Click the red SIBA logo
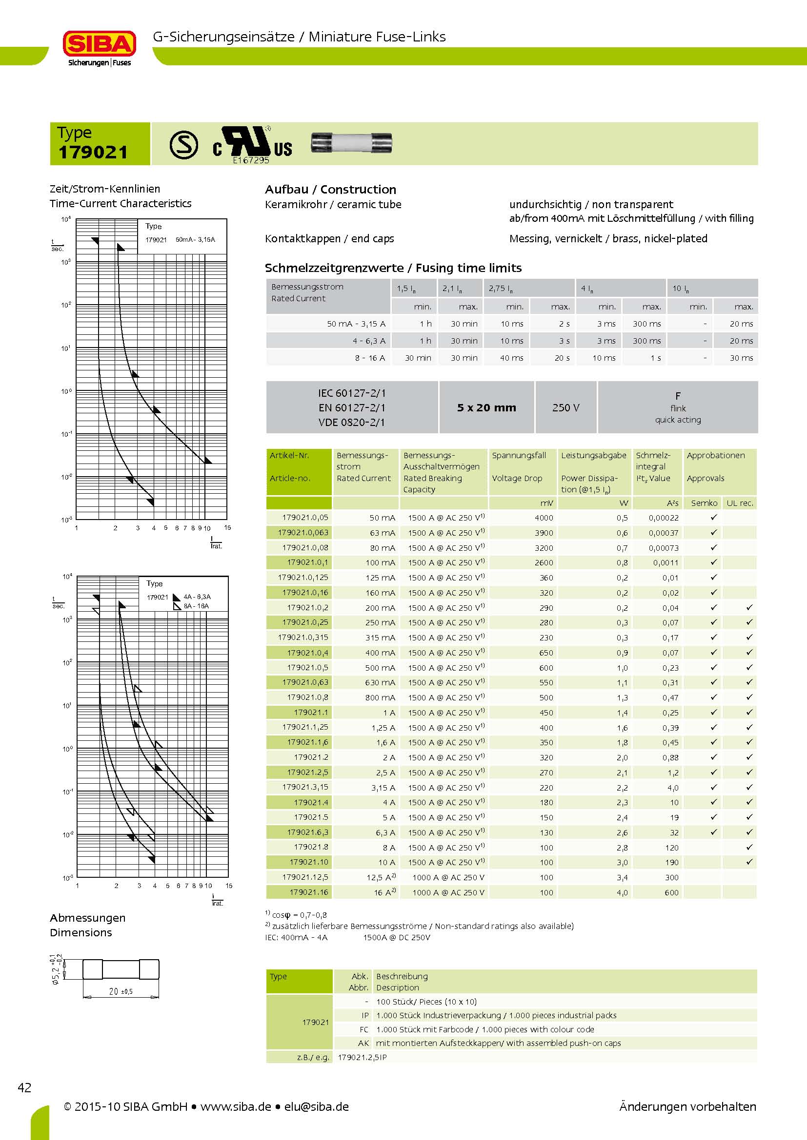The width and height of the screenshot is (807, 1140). tap(100, 44)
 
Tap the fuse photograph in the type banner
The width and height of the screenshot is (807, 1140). tap(351, 143)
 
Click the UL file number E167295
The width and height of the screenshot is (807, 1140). tap(251, 160)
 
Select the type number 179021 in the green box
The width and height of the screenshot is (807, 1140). tap(93, 152)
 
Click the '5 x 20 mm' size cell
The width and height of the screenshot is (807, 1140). tap(486, 407)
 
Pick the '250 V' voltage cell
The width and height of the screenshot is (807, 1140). tap(565, 407)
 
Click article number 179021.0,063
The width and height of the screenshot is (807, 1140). tap(303, 532)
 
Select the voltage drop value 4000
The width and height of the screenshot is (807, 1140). tap(544, 518)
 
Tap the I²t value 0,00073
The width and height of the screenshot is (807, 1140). tap(664, 548)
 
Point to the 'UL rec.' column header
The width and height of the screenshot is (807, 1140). tap(739, 503)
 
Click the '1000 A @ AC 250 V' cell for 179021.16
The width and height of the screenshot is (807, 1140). tap(448, 892)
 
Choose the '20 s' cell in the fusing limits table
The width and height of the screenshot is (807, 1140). tap(562, 358)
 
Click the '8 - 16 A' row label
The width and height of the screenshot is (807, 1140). tap(370, 358)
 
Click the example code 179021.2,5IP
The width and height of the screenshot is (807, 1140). tap(362, 1057)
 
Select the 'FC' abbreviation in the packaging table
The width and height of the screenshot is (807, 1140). tap(364, 1029)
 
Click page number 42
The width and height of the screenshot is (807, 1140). tap(24, 1087)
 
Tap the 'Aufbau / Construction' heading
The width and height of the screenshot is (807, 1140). tap(330, 190)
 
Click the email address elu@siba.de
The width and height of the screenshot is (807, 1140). tap(317, 1107)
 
